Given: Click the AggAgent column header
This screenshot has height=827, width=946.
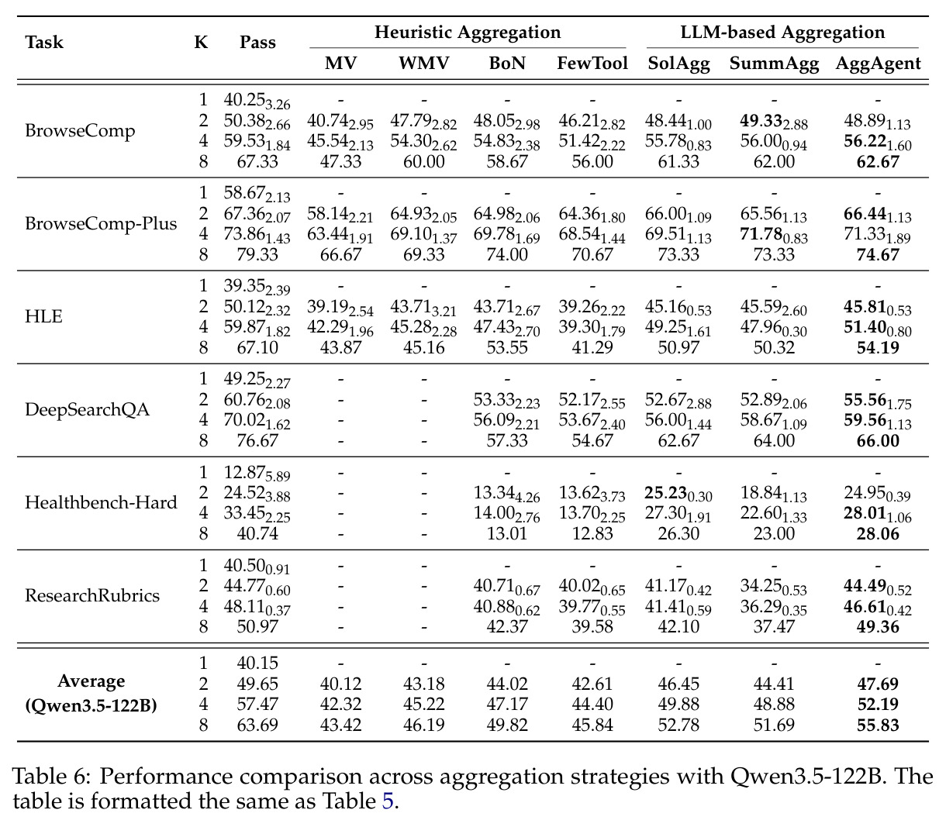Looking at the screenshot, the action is pos(878,64).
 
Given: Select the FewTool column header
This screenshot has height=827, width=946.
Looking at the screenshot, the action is pos(592,63).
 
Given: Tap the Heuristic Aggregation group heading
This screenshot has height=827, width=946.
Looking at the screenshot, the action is pos(468,33).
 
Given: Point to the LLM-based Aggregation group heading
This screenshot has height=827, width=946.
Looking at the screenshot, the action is pos(782,33).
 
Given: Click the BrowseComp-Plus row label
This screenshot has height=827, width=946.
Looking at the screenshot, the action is pos(101,224).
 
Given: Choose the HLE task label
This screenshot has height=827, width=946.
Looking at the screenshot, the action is pos(43,316).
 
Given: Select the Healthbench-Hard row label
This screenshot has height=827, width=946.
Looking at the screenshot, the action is pos(101,502).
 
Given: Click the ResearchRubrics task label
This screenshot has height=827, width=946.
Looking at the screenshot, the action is pos(92,595).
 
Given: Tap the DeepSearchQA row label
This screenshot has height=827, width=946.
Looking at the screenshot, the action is pos(87,409).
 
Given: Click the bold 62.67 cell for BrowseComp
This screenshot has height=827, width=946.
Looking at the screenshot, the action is pos(878,162).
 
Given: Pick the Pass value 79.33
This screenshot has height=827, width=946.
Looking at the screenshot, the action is pos(257,254).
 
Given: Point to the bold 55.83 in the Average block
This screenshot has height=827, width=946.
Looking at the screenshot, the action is pos(878,725).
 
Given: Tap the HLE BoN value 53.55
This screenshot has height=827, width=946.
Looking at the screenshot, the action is pos(507,347).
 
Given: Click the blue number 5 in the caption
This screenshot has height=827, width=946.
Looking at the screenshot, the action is pos(388,801).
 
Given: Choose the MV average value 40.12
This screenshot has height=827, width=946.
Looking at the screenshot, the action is pos(340,684).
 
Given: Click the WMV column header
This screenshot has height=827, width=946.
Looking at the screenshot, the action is pos(423,63).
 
